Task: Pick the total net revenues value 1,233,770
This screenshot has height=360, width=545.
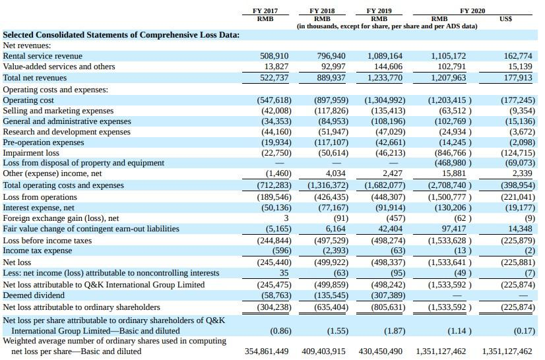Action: (x=385, y=78)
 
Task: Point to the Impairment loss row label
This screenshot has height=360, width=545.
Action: (x=31, y=153)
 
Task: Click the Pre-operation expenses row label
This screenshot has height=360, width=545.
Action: (x=44, y=142)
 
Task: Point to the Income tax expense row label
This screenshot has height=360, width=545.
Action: (x=38, y=251)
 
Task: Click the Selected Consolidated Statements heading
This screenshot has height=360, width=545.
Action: (x=121, y=35)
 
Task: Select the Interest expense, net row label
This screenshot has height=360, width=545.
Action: (x=40, y=207)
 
